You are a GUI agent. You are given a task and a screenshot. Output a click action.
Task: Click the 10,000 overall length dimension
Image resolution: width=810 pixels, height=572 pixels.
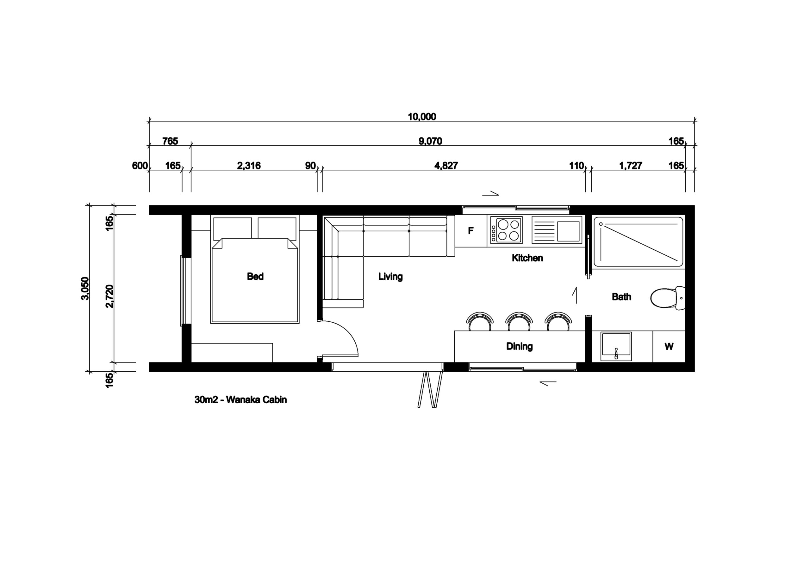[422, 117]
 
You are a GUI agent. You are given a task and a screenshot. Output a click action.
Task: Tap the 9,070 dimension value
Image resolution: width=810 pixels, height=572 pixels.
[430, 141]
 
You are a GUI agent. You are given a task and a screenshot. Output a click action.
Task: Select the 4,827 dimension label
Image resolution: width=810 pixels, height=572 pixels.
[446, 166]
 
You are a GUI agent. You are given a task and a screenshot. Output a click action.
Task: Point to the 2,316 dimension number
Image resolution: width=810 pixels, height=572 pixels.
[249, 166]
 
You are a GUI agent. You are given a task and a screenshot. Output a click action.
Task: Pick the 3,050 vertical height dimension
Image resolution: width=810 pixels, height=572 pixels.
[85, 288]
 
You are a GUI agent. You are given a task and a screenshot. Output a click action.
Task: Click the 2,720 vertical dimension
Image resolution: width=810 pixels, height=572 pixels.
[110, 296]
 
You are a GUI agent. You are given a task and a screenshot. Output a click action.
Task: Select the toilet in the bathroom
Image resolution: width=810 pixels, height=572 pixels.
[668, 298]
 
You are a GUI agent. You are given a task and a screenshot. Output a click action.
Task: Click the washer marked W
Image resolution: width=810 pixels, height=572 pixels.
[669, 346]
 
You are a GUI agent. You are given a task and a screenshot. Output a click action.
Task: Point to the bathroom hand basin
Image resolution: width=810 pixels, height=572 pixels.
[616, 346]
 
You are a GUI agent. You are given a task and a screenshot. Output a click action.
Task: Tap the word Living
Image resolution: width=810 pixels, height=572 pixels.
[390, 277]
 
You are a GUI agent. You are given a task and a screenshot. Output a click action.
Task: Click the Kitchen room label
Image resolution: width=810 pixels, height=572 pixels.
[527, 258]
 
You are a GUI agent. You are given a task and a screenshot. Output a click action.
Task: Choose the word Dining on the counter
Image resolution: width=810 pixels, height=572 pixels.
[519, 346]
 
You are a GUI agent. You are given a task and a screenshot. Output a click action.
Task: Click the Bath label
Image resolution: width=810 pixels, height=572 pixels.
[621, 297]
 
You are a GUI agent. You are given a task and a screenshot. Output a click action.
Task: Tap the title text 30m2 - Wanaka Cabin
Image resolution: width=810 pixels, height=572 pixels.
[240, 400]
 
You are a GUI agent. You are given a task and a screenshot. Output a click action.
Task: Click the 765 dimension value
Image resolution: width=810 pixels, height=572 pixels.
[170, 141]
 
